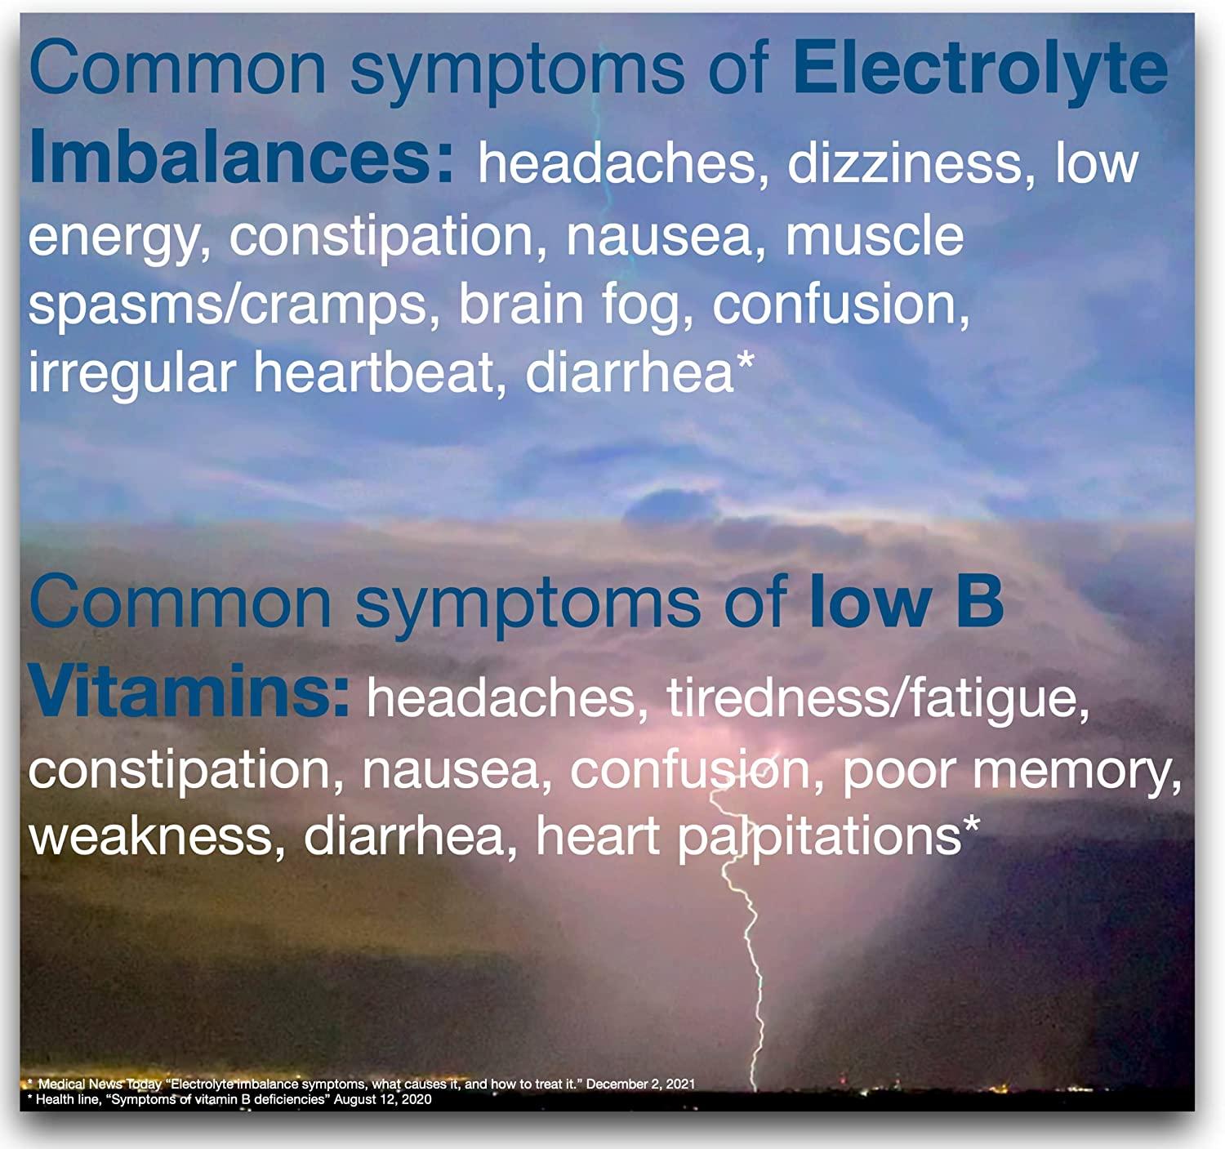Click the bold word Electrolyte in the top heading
tap(980, 69)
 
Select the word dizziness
tap(905, 163)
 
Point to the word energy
tap(114, 237)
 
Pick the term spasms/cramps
tap(228, 305)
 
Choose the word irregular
tap(131, 373)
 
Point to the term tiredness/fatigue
tap(878, 699)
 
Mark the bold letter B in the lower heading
tap(979, 602)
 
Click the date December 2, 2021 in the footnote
tap(640, 1084)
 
